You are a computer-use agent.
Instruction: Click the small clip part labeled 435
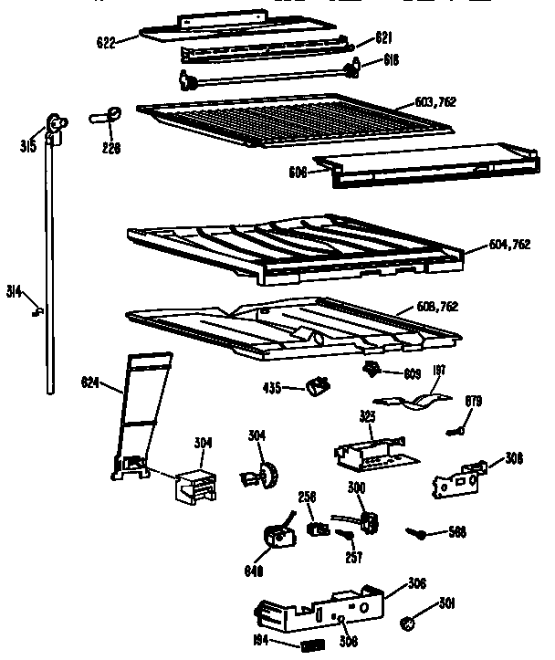coord(319,387)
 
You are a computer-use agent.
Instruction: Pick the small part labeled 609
coord(372,369)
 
